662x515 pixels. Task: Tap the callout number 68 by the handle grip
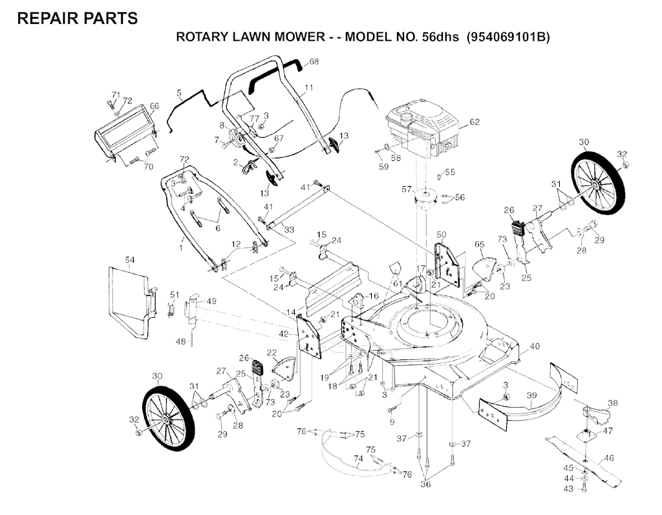tap(314, 61)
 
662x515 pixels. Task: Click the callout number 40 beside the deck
tap(535, 346)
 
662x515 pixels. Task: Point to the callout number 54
tap(129, 260)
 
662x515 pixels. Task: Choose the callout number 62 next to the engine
tap(475, 122)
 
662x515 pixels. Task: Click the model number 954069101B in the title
tap(508, 37)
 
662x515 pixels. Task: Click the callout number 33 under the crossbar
tap(289, 230)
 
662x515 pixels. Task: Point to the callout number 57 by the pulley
tap(407, 189)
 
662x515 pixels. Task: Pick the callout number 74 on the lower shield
tap(358, 458)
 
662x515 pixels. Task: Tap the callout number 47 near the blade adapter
tap(608, 431)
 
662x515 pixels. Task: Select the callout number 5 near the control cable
tap(179, 92)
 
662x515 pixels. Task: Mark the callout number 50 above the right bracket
tap(441, 235)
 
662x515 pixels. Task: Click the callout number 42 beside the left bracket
tap(284, 333)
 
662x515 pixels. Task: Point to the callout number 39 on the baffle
tap(531, 395)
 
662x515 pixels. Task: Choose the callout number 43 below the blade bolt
tap(569, 489)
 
